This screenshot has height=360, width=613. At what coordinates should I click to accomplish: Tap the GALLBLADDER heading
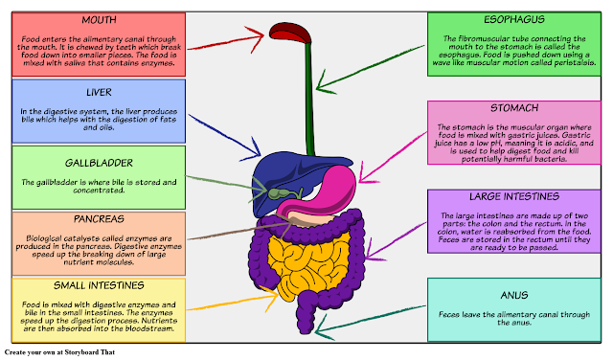point(93,163)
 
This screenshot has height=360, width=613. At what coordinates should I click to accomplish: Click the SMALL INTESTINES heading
point(93,285)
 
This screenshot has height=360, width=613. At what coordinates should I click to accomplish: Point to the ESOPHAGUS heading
point(515,19)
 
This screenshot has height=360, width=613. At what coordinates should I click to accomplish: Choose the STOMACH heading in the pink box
point(515,109)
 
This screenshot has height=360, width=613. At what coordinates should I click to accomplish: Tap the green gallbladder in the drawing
point(280,191)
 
